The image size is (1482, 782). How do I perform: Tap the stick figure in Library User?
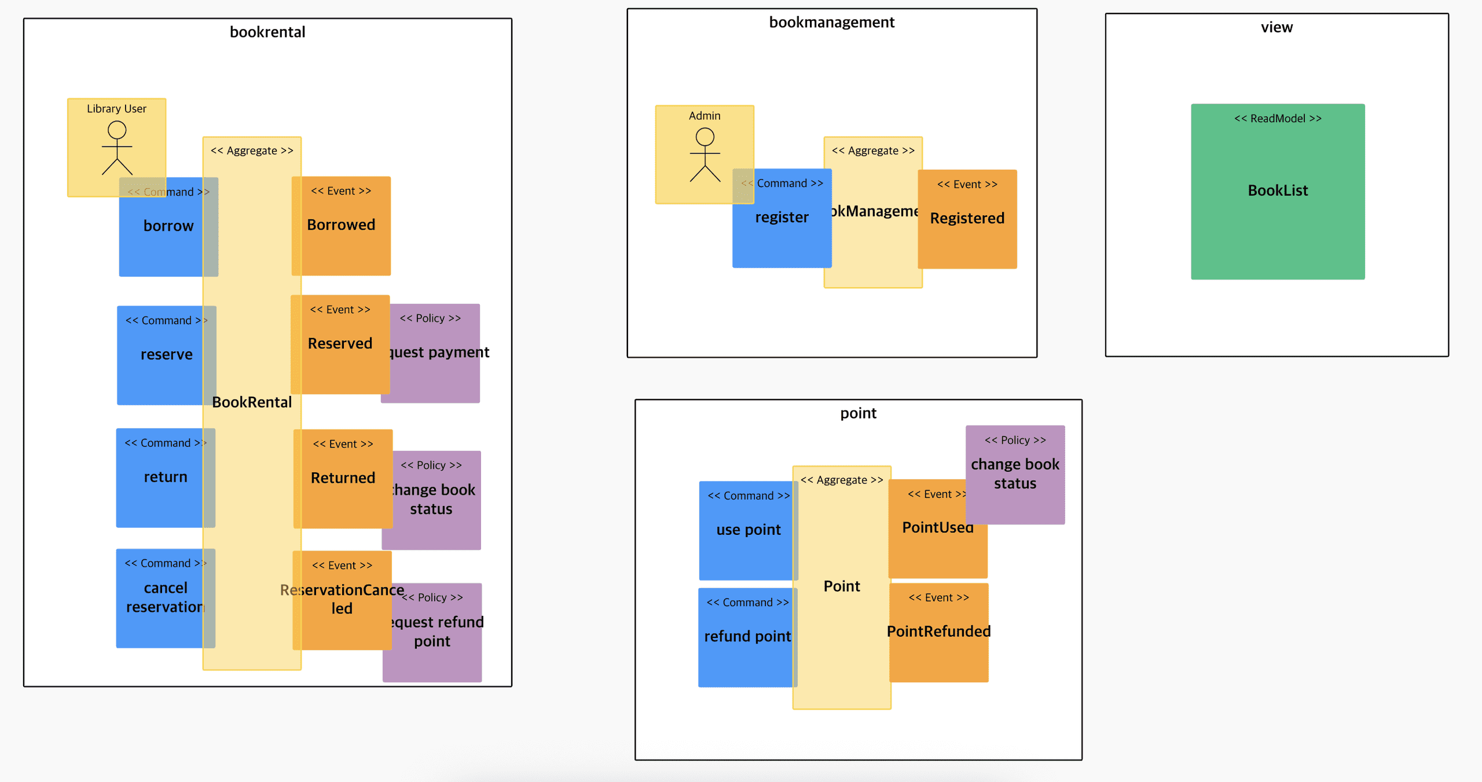(x=117, y=148)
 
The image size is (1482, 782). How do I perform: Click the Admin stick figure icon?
(x=705, y=155)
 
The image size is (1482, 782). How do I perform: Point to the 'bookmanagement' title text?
(x=831, y=23)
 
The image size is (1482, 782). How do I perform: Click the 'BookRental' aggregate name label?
(x=252, y=402)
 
